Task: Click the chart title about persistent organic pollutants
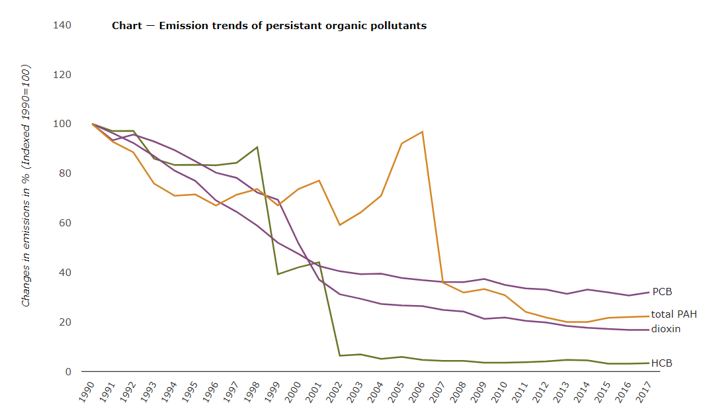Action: point(269,26)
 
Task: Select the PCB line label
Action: point(662,292)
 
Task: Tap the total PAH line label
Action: point(674,314)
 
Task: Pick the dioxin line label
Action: point(666,329)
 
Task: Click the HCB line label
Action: point(662,363)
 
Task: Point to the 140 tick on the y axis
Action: point(62,25)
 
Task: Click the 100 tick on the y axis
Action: point(62,124)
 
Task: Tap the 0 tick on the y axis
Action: point(67,372)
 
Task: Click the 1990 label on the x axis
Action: point(87,390)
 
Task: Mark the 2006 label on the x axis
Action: point(416,390)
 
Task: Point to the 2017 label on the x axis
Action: point(643,390)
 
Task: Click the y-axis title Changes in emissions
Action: point(26,185)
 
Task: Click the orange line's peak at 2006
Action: point(422,132)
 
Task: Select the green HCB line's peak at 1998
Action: point(257,147)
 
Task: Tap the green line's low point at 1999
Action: point(278,274)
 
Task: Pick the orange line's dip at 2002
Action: point(339,225)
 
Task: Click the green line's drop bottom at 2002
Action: point(339,355)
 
